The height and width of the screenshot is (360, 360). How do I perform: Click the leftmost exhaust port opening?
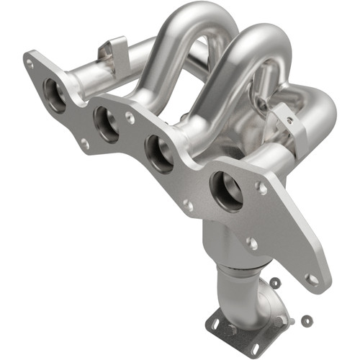55,94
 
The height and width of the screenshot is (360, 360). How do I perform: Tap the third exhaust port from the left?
158,153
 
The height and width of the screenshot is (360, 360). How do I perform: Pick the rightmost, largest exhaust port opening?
226,190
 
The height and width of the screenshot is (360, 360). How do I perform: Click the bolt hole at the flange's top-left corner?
30,63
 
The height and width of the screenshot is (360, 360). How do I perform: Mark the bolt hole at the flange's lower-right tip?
311,278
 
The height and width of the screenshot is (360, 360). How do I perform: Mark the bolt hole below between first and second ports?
84,143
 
